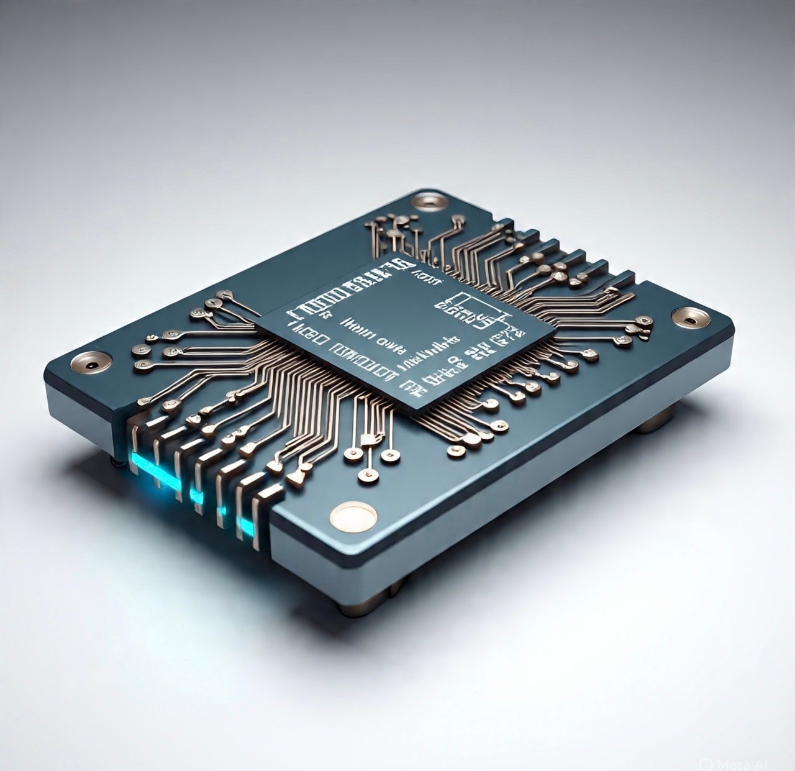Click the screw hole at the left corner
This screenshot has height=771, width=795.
(x=91, y=362)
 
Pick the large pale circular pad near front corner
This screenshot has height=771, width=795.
(x=353, y=516)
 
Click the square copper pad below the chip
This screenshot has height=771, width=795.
(x=366, y=440)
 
